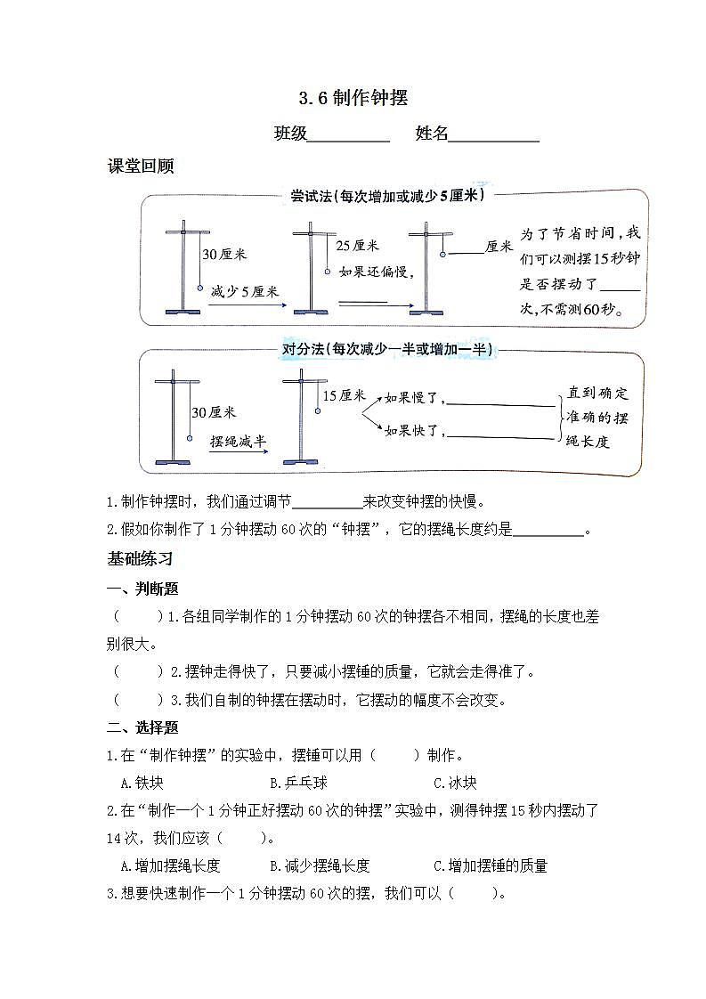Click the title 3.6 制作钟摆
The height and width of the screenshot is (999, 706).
353,98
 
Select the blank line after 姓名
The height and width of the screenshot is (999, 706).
494,140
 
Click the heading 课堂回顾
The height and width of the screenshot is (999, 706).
140,166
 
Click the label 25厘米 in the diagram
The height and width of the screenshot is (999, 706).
357,246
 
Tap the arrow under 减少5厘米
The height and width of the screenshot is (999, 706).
247,305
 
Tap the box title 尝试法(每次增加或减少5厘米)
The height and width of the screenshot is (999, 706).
387,196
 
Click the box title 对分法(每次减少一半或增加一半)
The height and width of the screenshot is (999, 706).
387,350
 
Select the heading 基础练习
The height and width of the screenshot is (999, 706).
140,559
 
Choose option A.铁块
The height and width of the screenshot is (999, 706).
142,783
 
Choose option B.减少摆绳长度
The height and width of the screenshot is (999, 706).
319,865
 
